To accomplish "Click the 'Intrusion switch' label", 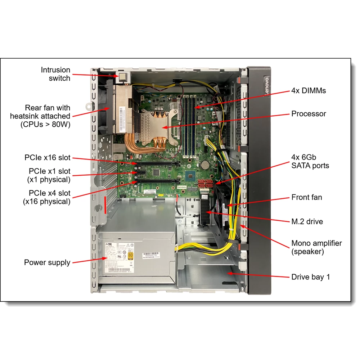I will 55,74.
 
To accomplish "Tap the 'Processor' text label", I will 309,114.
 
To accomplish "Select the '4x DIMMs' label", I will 309,91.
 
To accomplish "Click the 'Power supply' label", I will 47,262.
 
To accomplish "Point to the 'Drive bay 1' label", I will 310,277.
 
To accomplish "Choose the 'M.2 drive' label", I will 307,222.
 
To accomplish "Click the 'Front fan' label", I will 306,197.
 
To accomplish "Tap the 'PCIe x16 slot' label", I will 48,157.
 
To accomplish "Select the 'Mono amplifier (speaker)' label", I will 316,247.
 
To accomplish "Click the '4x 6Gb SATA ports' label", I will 310,161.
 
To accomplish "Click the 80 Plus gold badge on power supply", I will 130,256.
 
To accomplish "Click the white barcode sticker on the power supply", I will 154,256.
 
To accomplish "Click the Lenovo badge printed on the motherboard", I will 182,188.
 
